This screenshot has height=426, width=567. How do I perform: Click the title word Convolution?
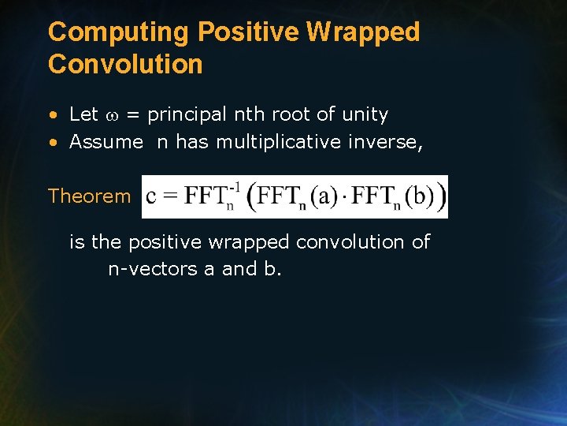coord(125,64)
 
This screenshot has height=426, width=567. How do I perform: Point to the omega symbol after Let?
coord(113,115)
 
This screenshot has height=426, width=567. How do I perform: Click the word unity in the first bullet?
coord(365,114)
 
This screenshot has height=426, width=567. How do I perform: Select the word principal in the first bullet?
coord(189,115)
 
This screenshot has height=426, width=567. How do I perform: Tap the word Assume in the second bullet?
coord(106,142)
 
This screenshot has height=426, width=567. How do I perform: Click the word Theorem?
coord(89,196)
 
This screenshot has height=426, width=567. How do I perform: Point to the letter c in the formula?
coord(151,198)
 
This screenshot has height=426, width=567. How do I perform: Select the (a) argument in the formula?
coord(322,197)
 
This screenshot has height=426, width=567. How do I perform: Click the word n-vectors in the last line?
coord(153,269)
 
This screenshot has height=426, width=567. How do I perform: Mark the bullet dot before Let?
coord(53,115)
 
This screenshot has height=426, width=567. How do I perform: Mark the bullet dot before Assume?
coord(53,143)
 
